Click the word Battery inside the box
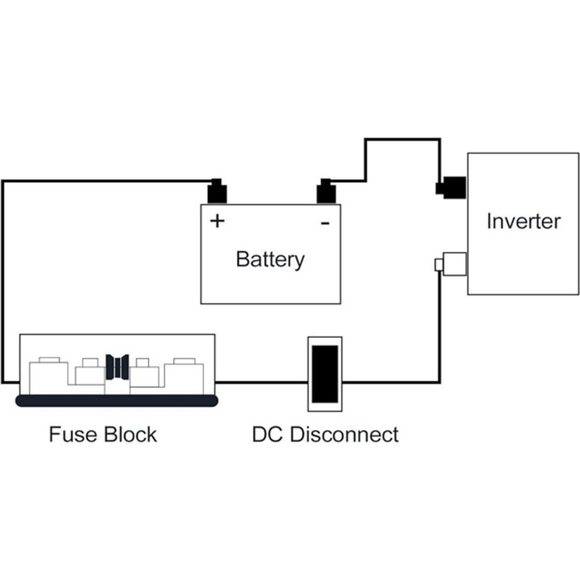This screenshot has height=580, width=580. tap(270, 260)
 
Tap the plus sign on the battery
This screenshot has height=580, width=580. tap(217, 221)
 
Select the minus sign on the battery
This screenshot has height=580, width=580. tap(325, 223)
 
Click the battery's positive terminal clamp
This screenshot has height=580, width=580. tap(217, 192)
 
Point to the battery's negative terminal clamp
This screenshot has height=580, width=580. tap(326, 192)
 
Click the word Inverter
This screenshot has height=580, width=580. tap(523, 221)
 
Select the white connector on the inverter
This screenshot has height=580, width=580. tap(453, 264)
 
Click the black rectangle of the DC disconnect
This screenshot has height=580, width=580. tap(325, 374)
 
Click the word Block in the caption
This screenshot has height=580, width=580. tap(131, 434)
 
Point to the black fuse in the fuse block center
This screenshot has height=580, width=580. tap(117, 367)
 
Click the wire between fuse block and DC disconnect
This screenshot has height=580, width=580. tap(261, 382)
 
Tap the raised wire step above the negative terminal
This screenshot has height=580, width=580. tap(402, 140)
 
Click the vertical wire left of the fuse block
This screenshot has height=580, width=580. tap(3, 283)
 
